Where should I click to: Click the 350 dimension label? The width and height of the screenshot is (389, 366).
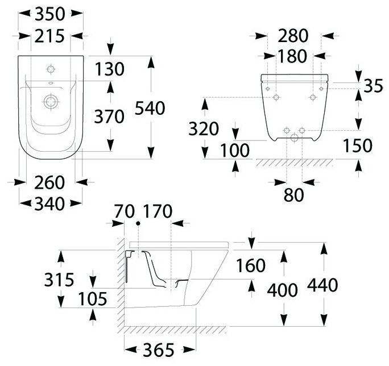[x=49, y=13]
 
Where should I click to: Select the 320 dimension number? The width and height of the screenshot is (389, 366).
[x=204, y=129]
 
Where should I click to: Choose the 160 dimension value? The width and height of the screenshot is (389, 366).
[x=250, y=265]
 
